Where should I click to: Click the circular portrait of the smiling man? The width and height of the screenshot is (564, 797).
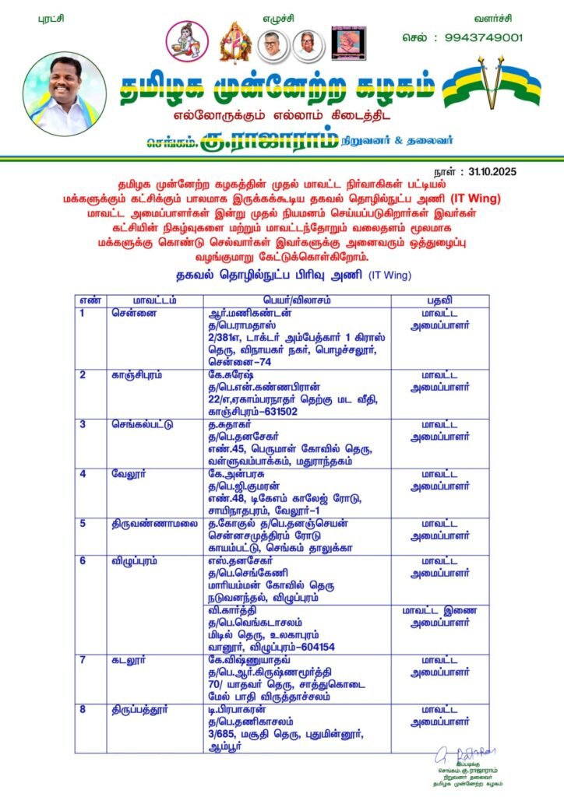tap(64, 94)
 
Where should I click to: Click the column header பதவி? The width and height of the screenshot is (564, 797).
tap(439, 300)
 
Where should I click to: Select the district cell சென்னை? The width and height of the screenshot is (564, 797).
tap(129, 313)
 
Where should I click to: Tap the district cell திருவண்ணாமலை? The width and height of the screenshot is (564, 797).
tap(148, 523)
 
